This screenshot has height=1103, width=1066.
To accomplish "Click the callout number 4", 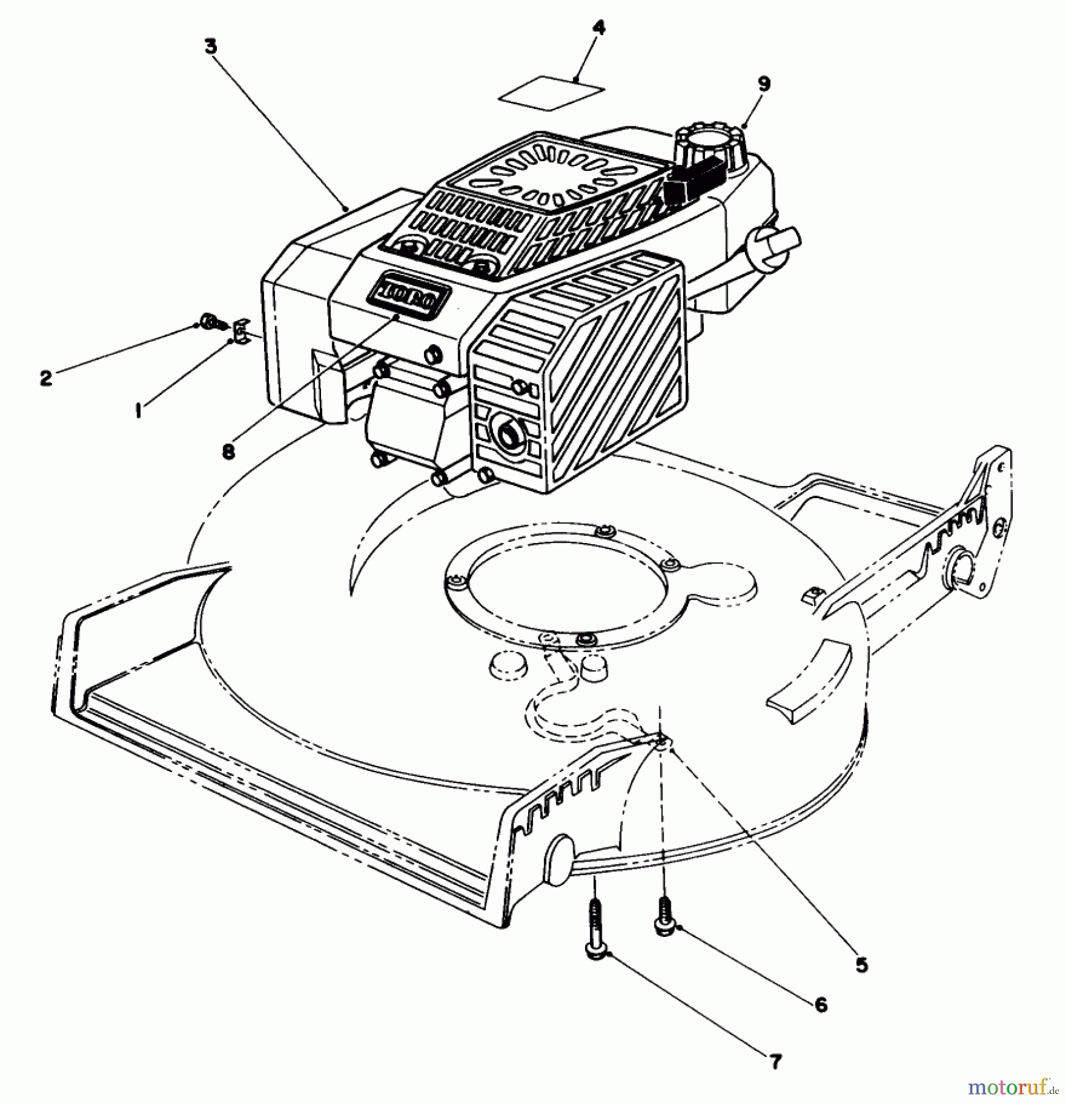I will pyautogui.click(x=599, y=29).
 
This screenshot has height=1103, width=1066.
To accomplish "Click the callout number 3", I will pyautogui.click(x=211, y=47).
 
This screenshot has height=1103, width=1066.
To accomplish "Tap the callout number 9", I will pyautogui.click(x=763, y=84).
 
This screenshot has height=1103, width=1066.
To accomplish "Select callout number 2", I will pyautogui.click(x=46, y=378).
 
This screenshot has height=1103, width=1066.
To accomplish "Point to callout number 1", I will pyautogui.click(x=139, y=411).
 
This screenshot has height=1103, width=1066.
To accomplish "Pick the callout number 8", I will pyautogui.click(x=228, y=452).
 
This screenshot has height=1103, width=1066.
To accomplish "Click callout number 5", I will pyautogui.click(x=861, y=965).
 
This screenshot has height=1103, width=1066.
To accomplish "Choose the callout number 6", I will pyautogui.click(x=820, y=1004).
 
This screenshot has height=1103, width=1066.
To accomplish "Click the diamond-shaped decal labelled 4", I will pyautogui.click(x=553, y=93).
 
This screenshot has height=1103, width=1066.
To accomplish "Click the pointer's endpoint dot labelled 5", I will pyautogui.click(x=673, y=748).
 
